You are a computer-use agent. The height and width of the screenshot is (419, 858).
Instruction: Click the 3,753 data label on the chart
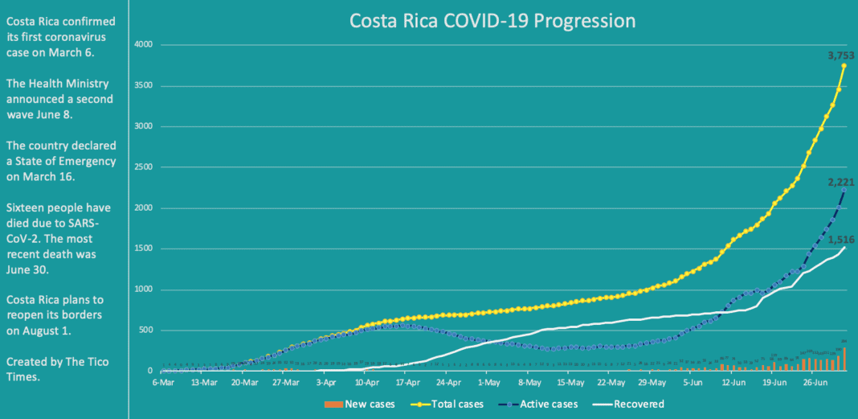[x=840, y=55]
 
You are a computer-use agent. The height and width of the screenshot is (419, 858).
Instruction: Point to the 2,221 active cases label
[x=840, y=183]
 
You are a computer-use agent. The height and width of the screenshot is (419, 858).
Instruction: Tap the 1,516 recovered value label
[x=840, y=240]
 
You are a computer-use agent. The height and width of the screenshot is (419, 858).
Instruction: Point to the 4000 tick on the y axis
[x=142, y=44]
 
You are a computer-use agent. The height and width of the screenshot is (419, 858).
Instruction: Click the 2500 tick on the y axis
[x=142, y=167]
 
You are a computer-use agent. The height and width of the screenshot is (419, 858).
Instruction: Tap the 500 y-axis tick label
[x=145, y=331]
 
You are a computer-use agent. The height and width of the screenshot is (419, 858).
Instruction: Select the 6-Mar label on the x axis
[x=163, y=384]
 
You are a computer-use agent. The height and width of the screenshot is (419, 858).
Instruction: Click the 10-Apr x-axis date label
[x=366, y=384]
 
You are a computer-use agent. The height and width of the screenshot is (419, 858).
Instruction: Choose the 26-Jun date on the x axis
[x=815, y=384]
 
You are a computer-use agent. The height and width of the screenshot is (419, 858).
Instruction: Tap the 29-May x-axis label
[x=652, y=384]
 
